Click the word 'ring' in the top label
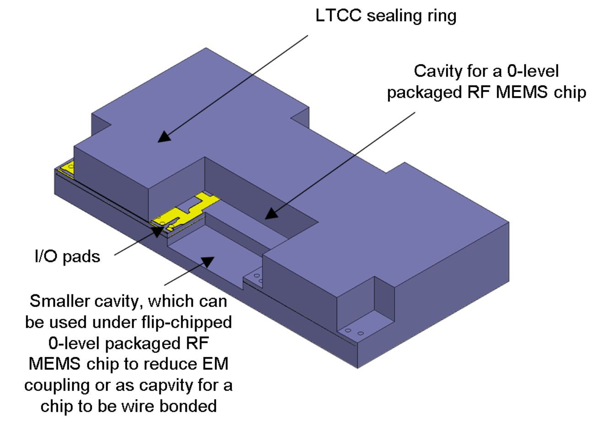click(439, 16)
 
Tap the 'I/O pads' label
click(67, 256)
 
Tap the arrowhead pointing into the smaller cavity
click(208, 262)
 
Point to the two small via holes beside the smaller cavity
click(258, 278)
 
